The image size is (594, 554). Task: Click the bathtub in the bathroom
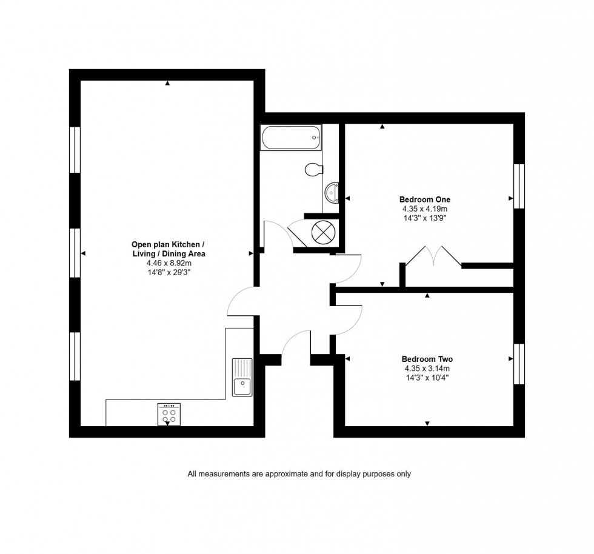point(290,138)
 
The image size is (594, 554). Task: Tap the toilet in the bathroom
point(313,169)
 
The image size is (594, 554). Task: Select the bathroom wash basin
point(332,193)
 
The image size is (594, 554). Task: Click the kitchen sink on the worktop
point(242,376)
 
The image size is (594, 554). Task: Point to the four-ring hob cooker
point(169,413)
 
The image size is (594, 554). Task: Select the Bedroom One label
point(424,199)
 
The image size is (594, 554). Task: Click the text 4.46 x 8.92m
point(169,264)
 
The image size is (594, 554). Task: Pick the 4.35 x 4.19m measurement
point(424,209)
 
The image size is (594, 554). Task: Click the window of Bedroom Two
point(519,364)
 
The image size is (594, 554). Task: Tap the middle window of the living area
point(75,253)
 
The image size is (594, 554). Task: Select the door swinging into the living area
point(241,301)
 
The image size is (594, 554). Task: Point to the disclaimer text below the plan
point(299,474)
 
